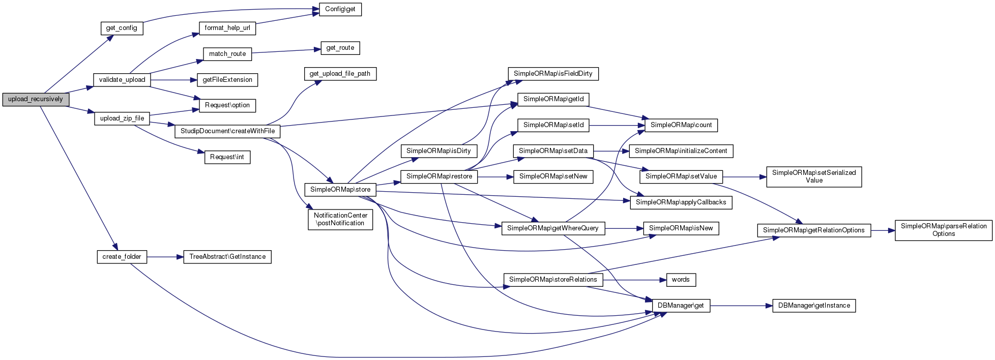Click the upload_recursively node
point(36,99)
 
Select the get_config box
point(122,28)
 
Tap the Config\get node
point(340,9)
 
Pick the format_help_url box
point(227,28)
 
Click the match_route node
point(227,54)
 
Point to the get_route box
point(340,48)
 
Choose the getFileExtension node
point(227,80)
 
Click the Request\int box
point(227,157)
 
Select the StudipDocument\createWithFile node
point(227,131)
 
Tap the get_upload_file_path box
point(340,74)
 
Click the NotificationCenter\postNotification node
point(340,219)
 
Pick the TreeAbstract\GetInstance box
point(227,257)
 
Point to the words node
point(681,280)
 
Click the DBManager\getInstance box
point(814,306)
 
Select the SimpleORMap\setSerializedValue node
point(814,176)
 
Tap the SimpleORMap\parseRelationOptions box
point(944,230)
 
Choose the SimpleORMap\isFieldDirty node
point(553,74)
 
